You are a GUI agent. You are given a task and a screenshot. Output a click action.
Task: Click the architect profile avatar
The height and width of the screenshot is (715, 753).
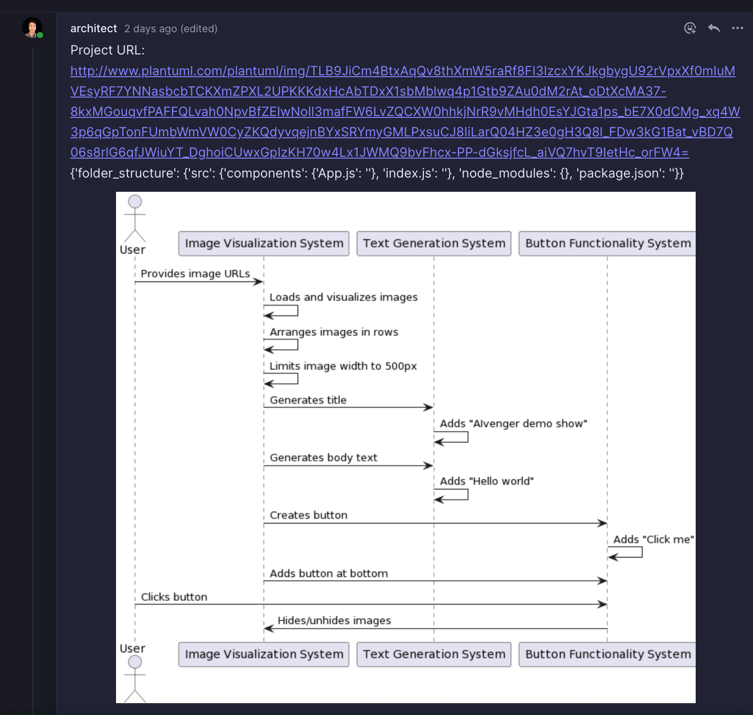[x=32, y=27]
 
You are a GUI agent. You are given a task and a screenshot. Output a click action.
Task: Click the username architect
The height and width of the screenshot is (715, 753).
[x=93, y=28]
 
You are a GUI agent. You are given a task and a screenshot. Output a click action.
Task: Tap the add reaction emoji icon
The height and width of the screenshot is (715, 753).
[x=690, y=28]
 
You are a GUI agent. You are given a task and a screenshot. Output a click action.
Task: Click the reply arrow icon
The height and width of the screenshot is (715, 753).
[x=714, y=28]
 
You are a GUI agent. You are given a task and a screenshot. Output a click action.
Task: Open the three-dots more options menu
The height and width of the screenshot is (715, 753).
[x=737, y=28]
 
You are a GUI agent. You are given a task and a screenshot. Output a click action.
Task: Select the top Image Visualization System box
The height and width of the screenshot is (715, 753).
[x=264, y=243]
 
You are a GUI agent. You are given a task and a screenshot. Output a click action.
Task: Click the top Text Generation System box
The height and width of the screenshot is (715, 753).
[x=434, y=243]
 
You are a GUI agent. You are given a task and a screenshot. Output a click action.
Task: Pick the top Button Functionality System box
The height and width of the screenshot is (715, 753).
[x=608, y=243]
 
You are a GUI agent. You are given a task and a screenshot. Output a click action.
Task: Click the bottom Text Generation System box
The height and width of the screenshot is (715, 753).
[x=434, y=654]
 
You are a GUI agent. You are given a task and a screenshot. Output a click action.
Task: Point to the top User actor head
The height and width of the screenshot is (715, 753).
[x=135, y=202]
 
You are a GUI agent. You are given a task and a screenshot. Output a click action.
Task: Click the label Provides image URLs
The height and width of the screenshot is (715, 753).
[x=195, y=274]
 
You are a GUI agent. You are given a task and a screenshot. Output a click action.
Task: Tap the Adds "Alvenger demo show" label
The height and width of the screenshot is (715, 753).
[x=513, y=423]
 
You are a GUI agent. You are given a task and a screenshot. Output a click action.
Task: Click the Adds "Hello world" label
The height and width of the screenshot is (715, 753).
[x=487, y=481]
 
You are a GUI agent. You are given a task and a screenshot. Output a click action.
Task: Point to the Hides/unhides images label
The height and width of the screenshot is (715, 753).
[x=334, y=620]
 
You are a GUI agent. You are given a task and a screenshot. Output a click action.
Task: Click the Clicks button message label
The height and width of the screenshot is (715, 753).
[x=174, y=597]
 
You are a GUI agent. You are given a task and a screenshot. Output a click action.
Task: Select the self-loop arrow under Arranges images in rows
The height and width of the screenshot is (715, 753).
[x=297, y=344]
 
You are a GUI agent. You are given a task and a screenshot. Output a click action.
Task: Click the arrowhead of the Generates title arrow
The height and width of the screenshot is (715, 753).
[x=429, y=407]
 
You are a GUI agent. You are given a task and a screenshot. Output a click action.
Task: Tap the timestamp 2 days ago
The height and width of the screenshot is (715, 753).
[x=151, y=29]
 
